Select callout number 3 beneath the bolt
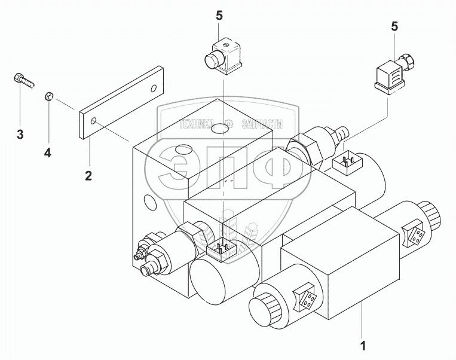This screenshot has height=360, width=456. [20, 135]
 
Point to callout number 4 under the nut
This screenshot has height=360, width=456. [48, 152]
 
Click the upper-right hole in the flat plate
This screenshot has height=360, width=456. [155, 89]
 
